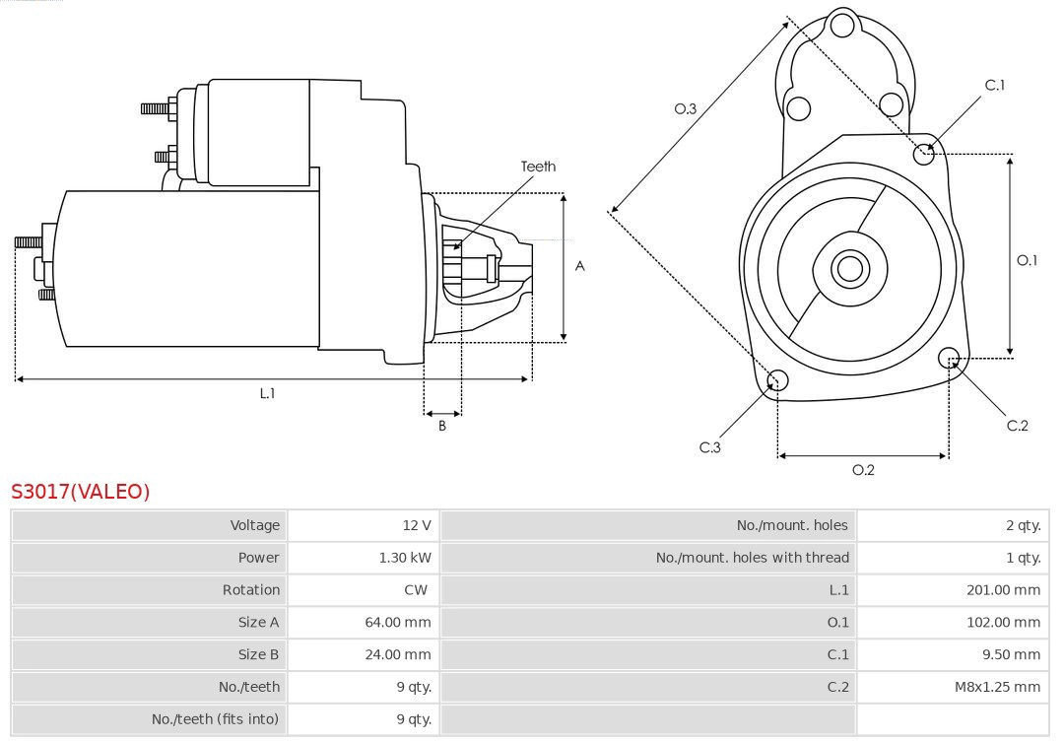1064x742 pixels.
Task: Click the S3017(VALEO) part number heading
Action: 80,491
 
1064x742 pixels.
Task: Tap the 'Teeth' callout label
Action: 538,167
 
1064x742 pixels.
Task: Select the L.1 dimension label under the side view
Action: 267,393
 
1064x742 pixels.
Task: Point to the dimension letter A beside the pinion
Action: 580,266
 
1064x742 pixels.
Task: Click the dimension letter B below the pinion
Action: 442,427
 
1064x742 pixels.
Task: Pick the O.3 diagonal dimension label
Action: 685,108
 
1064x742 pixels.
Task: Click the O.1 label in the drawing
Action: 1028,260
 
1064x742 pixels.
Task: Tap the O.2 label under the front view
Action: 863,470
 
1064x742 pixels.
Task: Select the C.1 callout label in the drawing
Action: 995,85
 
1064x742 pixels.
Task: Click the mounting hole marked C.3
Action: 777,380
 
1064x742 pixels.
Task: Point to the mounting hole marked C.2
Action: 949,357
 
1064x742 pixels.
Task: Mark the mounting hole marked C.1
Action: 924,153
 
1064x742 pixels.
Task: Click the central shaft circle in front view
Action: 847,268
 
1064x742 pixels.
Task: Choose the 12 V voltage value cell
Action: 417,525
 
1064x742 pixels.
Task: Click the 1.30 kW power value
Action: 405,558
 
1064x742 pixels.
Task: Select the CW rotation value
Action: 417,589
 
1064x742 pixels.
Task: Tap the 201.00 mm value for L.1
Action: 1003,589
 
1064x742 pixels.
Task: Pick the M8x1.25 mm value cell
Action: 997,686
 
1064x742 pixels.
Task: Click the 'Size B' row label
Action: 258,654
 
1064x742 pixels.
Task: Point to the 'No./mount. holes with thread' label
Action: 752,558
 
